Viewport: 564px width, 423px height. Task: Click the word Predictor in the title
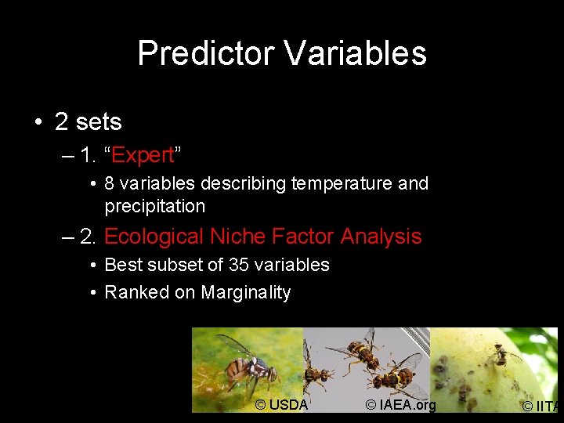(x=205, y=53)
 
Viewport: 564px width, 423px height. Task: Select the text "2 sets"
(x=88, y=122)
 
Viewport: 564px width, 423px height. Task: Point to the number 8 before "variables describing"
(x=110, y=183)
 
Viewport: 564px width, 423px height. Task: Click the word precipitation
(x=155, y=207)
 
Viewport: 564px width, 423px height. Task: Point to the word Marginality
(x=246, y=293)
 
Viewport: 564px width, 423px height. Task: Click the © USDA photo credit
(x=281, y=405)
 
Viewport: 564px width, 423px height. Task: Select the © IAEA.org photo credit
(x=400, y=405)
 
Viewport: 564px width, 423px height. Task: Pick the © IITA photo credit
(x=542, y=406)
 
